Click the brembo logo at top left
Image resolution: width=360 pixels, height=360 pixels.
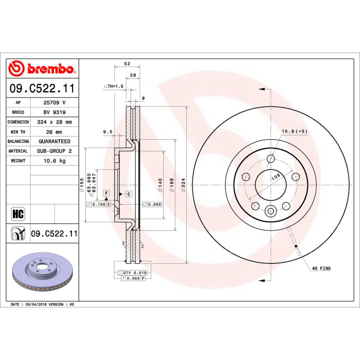42,69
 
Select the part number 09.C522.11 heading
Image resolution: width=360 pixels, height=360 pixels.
42,88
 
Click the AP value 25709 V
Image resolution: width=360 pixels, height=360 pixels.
54,103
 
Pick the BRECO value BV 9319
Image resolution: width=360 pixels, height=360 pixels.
54,112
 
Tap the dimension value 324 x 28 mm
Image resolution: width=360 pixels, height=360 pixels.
54,122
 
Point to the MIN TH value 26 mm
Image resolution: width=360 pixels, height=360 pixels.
54,132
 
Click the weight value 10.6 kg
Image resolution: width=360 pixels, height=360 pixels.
54,161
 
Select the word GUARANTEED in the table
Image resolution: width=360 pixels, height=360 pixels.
54,141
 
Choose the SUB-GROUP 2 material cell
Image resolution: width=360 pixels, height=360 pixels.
54,151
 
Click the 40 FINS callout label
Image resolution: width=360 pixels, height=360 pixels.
321,268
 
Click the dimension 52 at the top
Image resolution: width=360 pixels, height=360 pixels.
127,64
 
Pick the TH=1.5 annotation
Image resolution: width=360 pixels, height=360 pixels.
113,86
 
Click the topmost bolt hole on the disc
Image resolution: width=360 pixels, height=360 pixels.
271,158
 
